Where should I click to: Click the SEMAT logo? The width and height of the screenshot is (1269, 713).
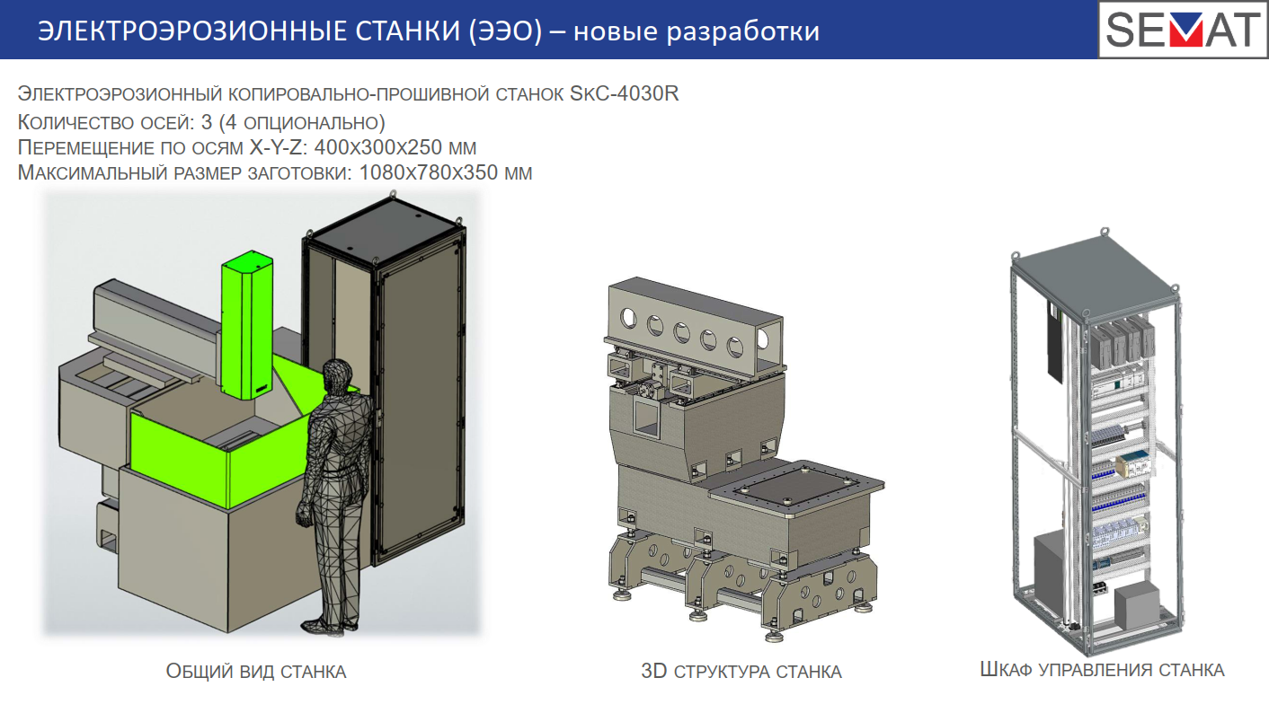[1183, 30]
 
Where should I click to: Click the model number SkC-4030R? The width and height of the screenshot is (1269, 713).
[625, 93]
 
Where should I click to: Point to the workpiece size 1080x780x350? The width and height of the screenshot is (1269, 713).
[429, 172]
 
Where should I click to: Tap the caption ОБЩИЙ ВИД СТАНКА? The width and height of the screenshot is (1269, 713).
[256, 671]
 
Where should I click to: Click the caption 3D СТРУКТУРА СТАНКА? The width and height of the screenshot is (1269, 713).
[741, 671]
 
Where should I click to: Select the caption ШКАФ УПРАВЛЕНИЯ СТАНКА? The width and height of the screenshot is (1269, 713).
[1103, 670]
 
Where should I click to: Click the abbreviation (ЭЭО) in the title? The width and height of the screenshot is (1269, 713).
[505, 31]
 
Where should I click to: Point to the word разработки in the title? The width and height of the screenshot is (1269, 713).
[742, 32]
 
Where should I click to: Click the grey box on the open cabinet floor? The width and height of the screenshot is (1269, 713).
[1137, 605]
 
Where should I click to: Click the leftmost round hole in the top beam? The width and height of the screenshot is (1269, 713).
[628, 319]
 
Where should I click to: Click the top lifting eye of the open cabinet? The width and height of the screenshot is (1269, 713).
[1105, 232]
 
